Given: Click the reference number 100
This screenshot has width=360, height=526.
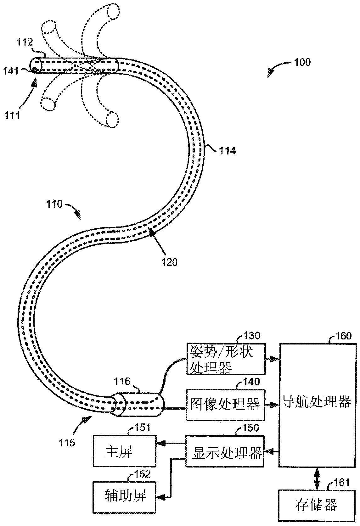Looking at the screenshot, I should [x=302, y=62].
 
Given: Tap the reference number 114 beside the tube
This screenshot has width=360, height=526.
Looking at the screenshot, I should [x=228, y=151].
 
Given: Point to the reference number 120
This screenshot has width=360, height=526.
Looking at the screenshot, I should [x=170, y=262].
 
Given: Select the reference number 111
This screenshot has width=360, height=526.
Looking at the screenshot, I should [x=12, y=115].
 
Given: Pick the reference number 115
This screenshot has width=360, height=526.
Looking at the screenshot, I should [x=67, y=443].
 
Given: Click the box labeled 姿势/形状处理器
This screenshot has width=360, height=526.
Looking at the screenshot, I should [x=226, y=359].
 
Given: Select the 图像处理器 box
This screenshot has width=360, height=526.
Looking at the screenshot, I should [x=225, y=405].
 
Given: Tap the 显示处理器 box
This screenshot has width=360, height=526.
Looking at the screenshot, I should [x=225, y=451].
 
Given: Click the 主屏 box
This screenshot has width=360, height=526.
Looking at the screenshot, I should [x=124, y=451].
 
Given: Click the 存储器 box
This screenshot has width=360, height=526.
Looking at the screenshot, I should [x=316, y=505].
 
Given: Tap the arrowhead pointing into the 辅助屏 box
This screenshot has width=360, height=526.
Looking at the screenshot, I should [x=161, y=497].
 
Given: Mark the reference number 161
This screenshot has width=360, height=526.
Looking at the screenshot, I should [x=341, y=482].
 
